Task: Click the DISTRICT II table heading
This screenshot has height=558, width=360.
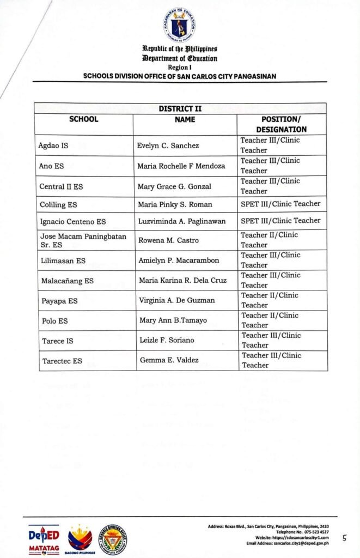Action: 180,109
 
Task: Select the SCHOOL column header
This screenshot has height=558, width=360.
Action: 84,119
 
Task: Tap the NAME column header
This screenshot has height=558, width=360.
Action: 185,119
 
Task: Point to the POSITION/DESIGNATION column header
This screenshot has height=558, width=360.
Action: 281,124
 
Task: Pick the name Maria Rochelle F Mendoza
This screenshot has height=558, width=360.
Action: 181,166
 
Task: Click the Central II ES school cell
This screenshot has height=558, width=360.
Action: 61,186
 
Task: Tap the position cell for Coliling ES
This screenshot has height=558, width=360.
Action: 280,204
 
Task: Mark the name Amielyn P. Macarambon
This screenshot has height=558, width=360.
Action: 178,261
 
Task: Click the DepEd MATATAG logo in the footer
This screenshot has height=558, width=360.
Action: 44,539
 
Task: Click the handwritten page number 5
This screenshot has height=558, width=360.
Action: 344,538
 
